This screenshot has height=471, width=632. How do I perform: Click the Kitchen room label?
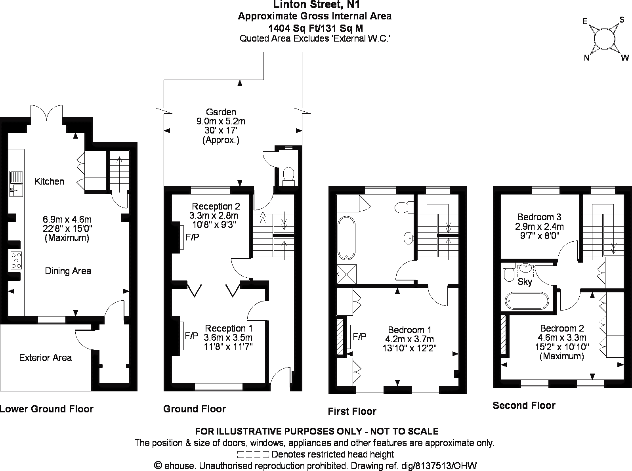click(x=49, y=181)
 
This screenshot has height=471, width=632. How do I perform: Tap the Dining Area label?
click(x=68, y=271)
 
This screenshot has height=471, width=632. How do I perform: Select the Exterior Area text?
click(x=46, y=358)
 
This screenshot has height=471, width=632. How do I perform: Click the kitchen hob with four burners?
click(x=16, y=260)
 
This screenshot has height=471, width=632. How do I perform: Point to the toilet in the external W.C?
click(x=288, y=176)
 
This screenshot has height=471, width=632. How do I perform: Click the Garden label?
click(x=221, y=112)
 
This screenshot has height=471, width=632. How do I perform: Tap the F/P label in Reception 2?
click(x=192, y=237)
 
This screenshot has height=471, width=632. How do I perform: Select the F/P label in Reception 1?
click(x=191, y=336)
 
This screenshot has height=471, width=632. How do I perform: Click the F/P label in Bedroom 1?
click(x=359, y=336)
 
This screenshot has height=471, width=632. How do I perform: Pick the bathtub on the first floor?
click(x=346, y=238)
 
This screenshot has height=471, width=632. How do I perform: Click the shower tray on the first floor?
click(x=347, y=274)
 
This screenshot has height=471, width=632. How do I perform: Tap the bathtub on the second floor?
click(x=527, y=301)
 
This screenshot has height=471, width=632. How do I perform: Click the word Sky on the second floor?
click(x=525, y=281)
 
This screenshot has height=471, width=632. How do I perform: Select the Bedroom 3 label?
click(x=539, y=217)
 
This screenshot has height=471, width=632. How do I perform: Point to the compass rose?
click(x=604, y=39)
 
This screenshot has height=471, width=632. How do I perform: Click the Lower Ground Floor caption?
click(x=47, y=409)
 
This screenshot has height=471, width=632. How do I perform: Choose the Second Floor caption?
click(x=524, y=405)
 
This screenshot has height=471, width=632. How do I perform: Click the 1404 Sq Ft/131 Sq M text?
click(x=315, y=28)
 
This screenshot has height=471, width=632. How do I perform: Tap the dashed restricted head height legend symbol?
click(x=253, y=455)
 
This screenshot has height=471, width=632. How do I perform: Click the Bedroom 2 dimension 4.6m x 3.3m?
click(x=562, y=338)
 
